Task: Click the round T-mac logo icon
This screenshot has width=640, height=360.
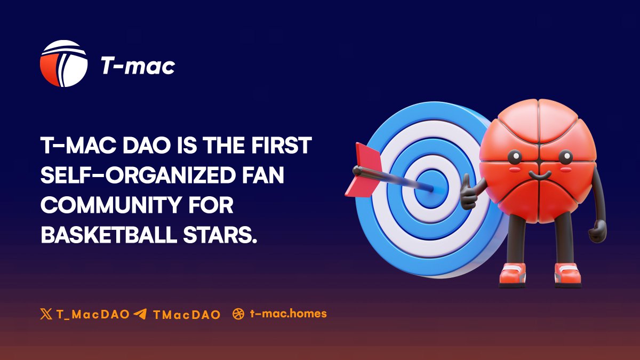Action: [x=63, y=63]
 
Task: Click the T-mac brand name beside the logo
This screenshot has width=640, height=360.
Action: [x=138, y=66]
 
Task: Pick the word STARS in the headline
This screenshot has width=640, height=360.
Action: [x=225, y=235]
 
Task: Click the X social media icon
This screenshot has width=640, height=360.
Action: [x=46, y=314]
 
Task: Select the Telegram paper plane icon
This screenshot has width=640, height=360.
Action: [x=140, y=314]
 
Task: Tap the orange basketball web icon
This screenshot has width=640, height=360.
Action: [x=238, y=314]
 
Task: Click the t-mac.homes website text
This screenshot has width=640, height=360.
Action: [x=288, y=314]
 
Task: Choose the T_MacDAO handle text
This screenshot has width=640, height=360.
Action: [x=93, y=314]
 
